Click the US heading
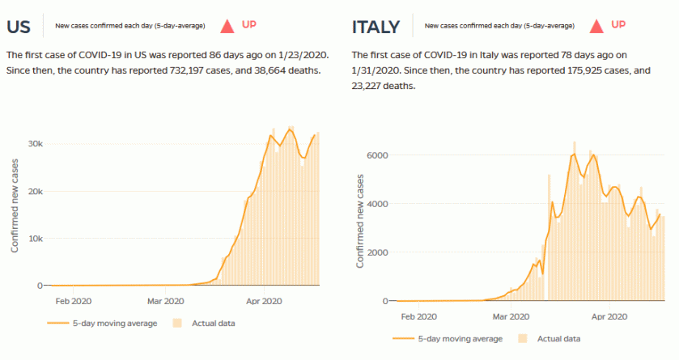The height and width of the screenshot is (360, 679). (19, 26)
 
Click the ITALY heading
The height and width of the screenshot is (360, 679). (376, 27)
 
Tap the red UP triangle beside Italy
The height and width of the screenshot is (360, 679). (596, 26)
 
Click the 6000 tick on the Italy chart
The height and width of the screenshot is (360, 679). (379, 155)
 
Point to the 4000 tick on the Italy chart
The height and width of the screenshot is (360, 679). (379, 204)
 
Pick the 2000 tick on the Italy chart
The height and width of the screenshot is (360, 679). (379, 252)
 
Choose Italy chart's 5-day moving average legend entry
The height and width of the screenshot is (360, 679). (453, 339)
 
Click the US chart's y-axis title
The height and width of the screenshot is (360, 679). (15, 205)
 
